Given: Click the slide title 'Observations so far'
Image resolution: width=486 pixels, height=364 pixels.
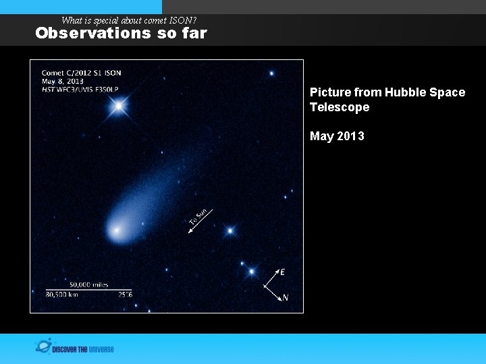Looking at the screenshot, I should (x=121, y=33).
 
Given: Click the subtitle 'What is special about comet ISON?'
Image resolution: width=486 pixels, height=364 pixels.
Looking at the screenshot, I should (x=128, y=20).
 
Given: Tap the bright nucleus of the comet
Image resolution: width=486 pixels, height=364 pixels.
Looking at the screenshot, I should (x=117, y=231).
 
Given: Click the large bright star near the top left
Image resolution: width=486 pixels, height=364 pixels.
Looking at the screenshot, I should (x=119, y=106).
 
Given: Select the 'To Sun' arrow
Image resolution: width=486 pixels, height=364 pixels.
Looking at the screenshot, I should (x=200, y=221).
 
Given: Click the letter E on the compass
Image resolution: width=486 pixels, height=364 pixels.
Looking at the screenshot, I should (x=282, y=272).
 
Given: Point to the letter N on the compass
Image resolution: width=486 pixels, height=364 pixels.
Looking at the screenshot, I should (x=286, y=297).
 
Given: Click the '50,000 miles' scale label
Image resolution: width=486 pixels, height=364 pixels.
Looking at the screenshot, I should (x=88, y=284).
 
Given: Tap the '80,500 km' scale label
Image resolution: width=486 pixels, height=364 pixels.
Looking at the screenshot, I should (x=62, y=295).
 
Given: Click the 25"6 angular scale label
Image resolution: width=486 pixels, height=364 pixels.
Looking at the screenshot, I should (x=125, y=295).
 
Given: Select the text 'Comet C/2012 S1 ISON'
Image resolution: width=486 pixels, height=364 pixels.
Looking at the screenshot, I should (x=81, y=73).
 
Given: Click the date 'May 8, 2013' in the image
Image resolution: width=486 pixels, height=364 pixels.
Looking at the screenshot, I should (x=62, y=82).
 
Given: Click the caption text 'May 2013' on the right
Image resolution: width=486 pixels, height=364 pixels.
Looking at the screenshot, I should (x=337, y=136).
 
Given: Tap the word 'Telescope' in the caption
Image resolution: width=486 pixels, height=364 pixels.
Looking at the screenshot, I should (x=340, y=107).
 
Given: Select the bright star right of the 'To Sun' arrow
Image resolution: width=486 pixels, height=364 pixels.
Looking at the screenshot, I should (x=230, y=231).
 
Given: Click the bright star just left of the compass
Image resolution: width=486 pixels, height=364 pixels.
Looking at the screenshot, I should (x=251, y=272).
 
